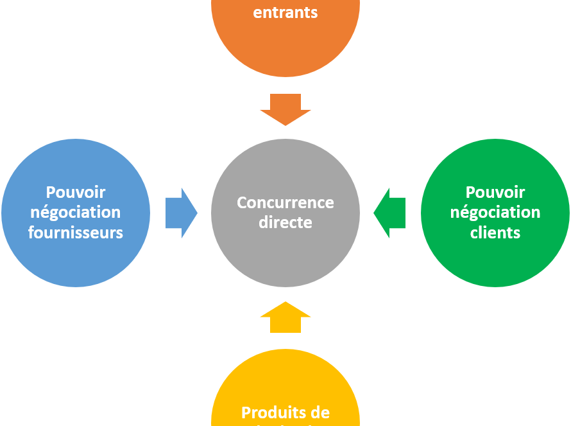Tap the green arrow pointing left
click(x=389, y=213)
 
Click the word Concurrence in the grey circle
click(x=285, y=202)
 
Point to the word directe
click(x=285, y=222)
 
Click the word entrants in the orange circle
click(x=285, y=12)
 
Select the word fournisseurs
click(x=76, y=232)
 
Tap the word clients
click(x=495, y=232)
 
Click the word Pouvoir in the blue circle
click(x=76, y=192)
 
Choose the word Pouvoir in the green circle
click(x=495, y=192)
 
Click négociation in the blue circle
click(x=76, y=212)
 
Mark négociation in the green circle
click(x=495, y=212)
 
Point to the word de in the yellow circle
click(x=320, y=413)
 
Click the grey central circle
click(x=285, y=257)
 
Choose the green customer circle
click(x=495, y=263)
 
